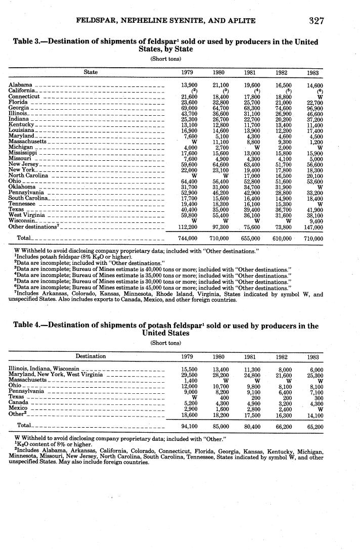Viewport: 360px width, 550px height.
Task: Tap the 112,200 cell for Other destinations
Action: pos(188,226)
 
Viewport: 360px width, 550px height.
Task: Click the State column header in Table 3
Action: pos(91,72)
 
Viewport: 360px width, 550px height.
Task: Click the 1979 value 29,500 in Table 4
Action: pos(189,375)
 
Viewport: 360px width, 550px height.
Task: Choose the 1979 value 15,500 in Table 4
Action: pos(189,369)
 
